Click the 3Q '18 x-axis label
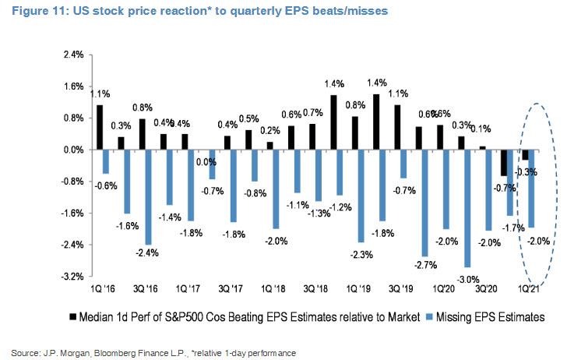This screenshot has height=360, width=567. (x=314, y=288)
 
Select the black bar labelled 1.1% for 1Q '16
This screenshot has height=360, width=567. (x=100, y=127)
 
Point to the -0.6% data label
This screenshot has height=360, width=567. (x=107, y=185)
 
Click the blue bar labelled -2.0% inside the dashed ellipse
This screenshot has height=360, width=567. (x=531, y=188)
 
